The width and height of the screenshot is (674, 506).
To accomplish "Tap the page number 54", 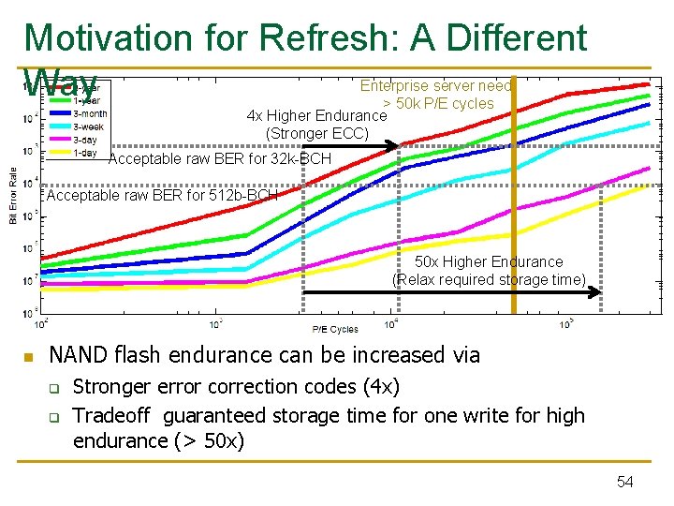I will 625,482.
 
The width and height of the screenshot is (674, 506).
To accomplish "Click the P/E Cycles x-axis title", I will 335,329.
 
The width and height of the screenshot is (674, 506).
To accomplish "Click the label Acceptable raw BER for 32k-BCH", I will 220,159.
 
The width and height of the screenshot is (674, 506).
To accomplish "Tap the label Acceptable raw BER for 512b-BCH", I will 162,196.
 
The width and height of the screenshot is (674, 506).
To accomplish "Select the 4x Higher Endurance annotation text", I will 316,116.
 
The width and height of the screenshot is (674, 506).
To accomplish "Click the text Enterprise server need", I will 436,85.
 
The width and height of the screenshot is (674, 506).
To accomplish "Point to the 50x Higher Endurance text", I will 489,261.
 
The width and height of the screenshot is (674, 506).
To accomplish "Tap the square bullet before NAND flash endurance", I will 29,357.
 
